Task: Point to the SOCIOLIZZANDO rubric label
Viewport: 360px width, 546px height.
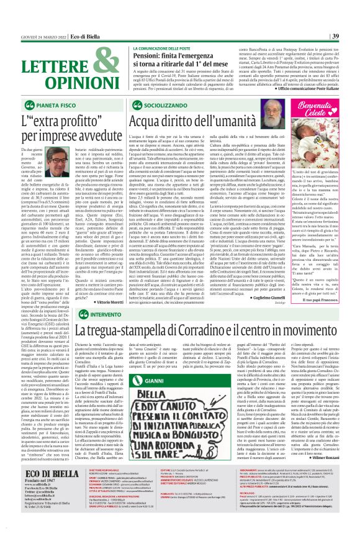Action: point(164,106)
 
